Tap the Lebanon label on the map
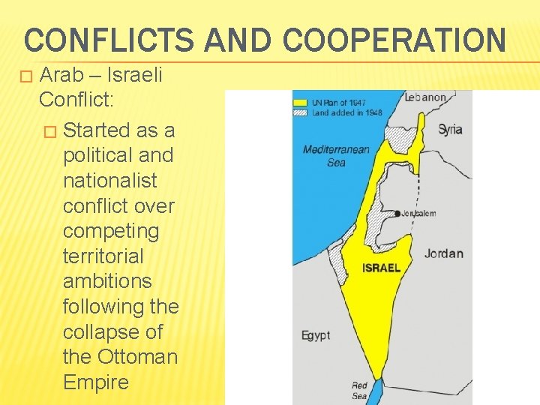click(x=425, y=97)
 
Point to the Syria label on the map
click(x=450, y=129)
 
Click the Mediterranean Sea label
click(x=335, y=155)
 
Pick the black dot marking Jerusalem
click(x=397, y=213)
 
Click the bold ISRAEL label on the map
click(x=381, y=268)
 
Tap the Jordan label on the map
click(x=443, y=253)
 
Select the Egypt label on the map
click(x=315, y=335)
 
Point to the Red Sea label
click(x=360, y=390)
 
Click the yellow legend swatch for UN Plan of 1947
click(x=300, y=101)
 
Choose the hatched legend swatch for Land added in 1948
click(x=300, y=112)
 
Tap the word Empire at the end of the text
click(x=96, y=382)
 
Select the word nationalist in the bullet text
click(x=110, y=181)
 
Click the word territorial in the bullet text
click(x=103, y=256)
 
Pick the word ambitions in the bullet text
click(x=107, y=281)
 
